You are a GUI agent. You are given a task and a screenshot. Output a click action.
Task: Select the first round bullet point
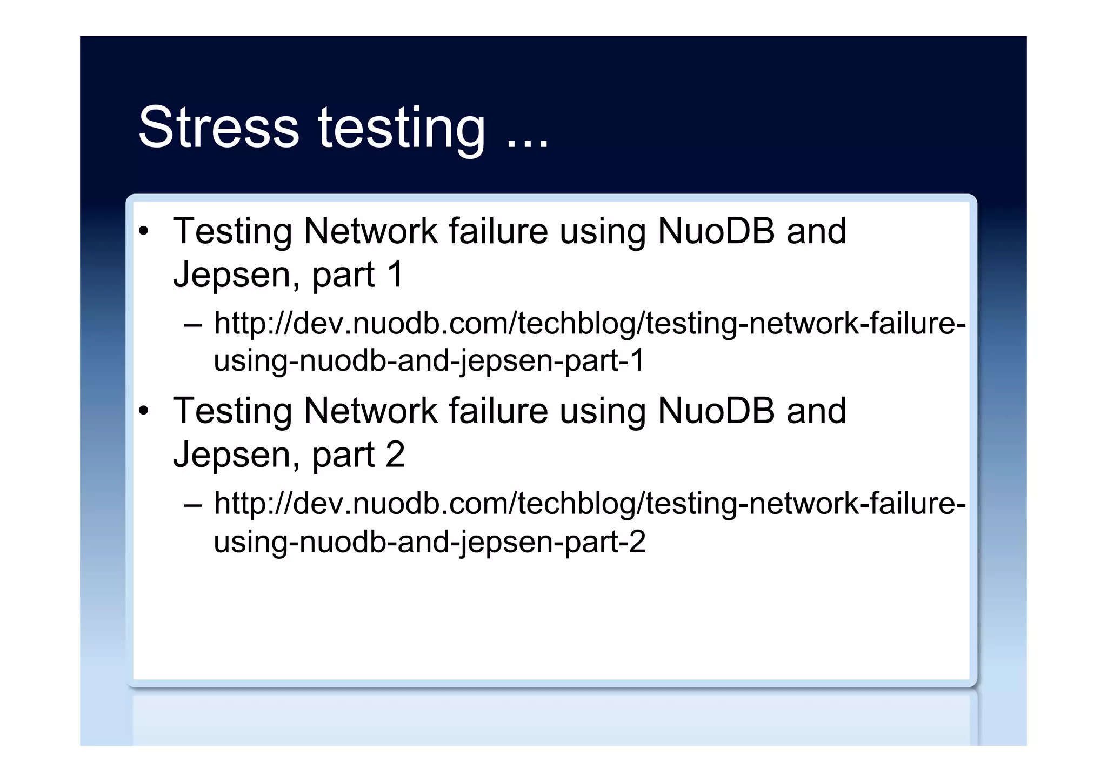point(143,231)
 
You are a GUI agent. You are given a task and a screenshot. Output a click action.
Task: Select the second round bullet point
point(143,411)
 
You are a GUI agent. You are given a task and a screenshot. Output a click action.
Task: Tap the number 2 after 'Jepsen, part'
point(395,454)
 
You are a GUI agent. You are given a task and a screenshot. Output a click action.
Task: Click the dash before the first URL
point(193,325)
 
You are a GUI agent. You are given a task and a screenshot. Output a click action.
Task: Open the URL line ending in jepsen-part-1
point(429,360)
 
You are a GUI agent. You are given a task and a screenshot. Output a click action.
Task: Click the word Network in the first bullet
point(370,231)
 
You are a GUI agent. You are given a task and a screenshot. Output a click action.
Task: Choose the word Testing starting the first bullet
point(232,231)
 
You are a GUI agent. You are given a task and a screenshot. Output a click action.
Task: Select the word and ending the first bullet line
point(816,231)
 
